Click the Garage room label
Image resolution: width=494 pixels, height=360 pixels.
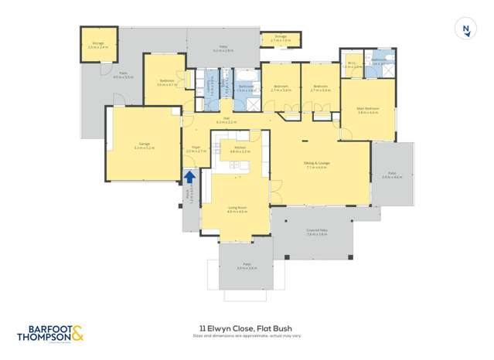(x=144, y=144)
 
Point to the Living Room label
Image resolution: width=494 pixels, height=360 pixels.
(x=237, y=207)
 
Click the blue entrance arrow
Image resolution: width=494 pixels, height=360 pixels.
(x=189, y=177)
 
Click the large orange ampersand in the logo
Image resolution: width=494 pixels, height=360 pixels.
(x=77, y=334)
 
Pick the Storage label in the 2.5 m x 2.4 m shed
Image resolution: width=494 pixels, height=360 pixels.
(x=98, y=44)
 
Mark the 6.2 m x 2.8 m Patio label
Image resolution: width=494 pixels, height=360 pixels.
(x=223, y=47)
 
